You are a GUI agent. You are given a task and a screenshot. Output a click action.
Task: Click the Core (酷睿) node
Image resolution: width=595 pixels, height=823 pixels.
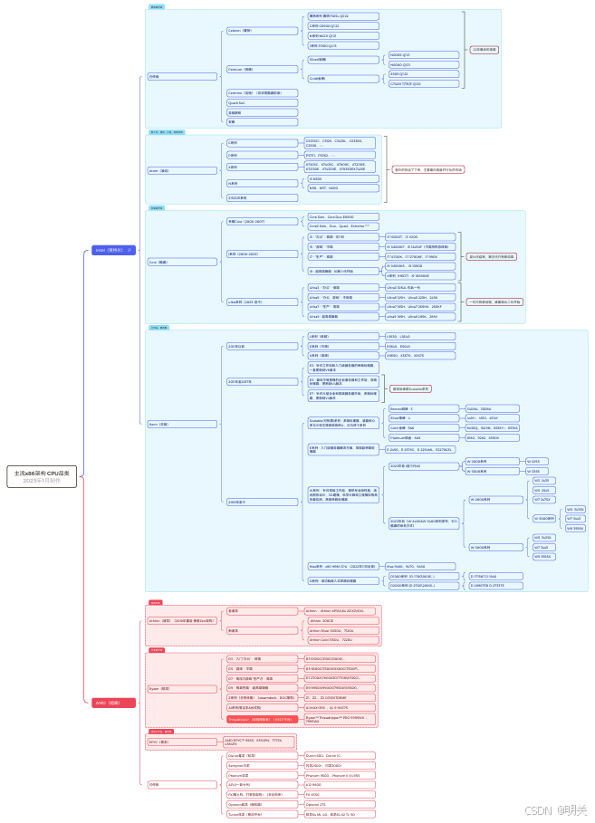pyautogui.click(x=159, y=262)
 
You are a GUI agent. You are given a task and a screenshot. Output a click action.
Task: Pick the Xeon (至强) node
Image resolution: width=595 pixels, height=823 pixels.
pyautogui.click(x=159, y=423)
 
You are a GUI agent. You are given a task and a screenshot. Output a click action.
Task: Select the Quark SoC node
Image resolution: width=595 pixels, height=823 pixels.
pyautogui.click(x=239, y=102)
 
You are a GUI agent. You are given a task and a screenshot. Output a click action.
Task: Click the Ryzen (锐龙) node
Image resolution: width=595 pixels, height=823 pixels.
pyautogui.click(x=162, y=688)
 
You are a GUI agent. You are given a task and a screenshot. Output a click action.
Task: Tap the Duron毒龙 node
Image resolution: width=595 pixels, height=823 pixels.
pyautogui.click(x=245, y=755)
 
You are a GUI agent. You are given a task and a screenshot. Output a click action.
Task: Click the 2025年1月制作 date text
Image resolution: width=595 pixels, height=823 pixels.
pyautogui.click(x=42, y=481)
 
